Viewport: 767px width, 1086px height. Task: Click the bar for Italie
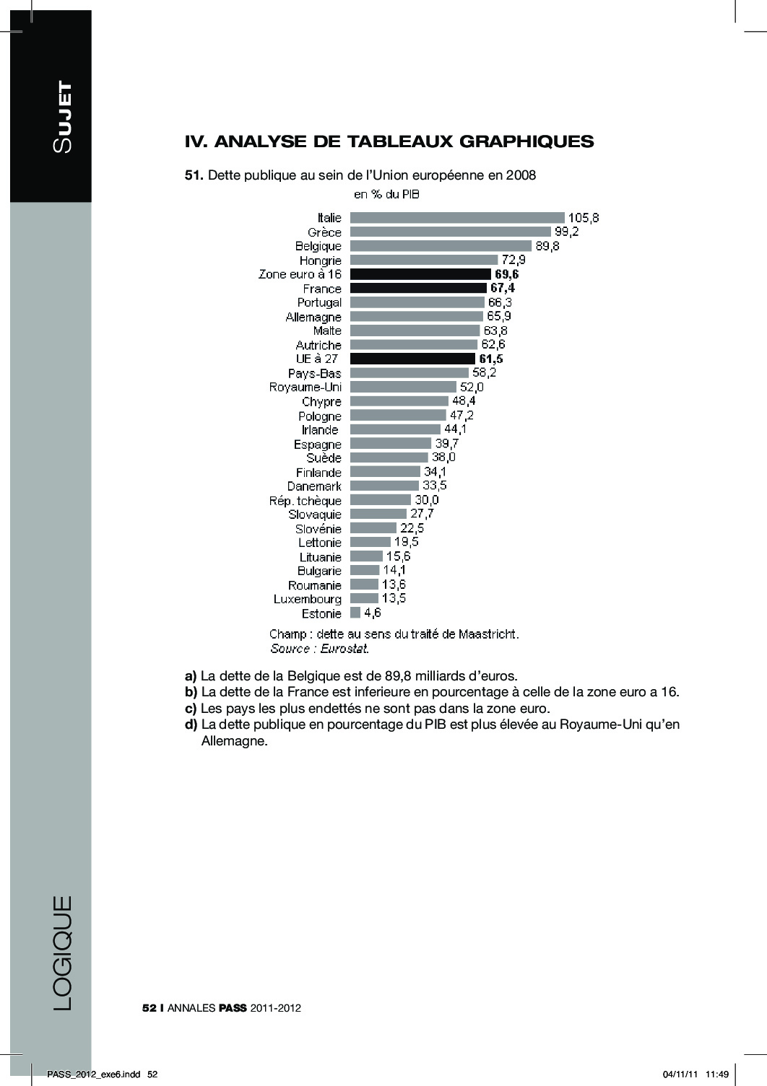coord(456,217)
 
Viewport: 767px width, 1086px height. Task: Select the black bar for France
coord(418,288)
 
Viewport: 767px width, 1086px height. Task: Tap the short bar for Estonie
coord(355,613)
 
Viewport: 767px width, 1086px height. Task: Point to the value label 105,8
coord(584,217)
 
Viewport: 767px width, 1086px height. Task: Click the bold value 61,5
coord(490,359)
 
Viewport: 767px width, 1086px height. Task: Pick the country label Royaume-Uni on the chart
coord(305,387)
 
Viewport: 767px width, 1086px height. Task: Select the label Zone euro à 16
coord(300,274)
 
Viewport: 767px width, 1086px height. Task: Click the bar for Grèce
coord(449,232)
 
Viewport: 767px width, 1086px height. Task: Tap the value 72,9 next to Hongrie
coord(513,260)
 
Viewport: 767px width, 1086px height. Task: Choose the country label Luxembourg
coord(307,599)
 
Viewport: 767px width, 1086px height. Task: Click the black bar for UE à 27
coord(412,359)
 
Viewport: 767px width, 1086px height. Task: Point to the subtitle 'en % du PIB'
coord(386,194)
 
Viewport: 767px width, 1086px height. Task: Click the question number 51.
coord(195,175)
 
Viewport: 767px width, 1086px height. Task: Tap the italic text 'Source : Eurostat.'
coord(319,649)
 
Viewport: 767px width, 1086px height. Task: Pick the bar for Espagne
coord(391,444)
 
